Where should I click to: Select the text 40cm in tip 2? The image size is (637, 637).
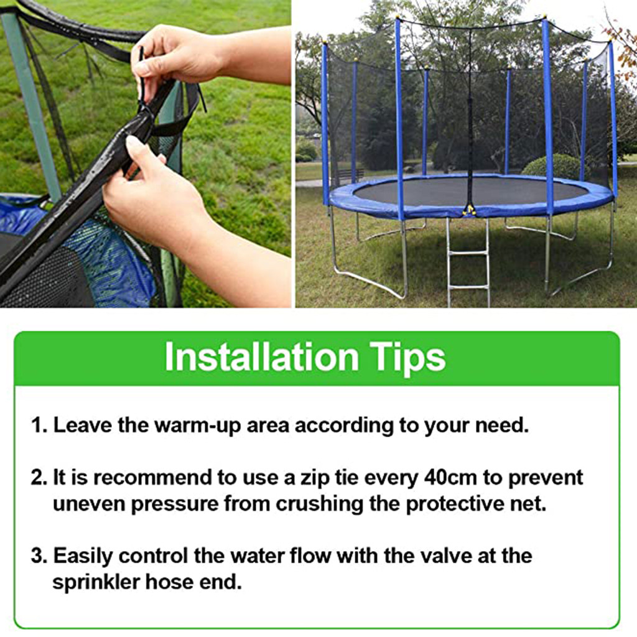click(450, 477)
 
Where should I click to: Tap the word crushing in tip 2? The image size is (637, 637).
click(319, 504)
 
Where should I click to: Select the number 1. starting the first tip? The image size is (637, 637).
click(40, 425)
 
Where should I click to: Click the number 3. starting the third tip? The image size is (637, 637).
click(40, 556)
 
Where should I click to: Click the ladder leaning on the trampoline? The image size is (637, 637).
click(468, 262)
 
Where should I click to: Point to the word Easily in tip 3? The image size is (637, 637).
click(83, 556)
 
